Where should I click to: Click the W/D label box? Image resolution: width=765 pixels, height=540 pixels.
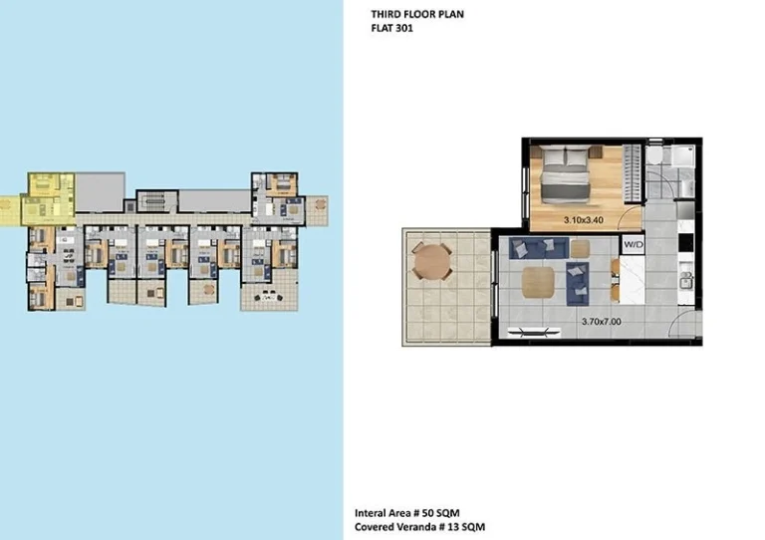click(x=634, y=244)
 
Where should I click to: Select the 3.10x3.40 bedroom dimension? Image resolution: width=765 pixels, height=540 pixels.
click(x=584, y=220)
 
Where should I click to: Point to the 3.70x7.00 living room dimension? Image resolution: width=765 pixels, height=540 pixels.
click(x=601, y=322)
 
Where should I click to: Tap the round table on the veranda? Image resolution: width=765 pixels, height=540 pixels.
click(x=431, y=262)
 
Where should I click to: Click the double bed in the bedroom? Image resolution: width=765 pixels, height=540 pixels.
click(x=566, y=174)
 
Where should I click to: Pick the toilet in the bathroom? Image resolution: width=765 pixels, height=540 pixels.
click(x=653, y=155)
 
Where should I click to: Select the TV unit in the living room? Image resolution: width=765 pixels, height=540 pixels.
click(x=534, y=333)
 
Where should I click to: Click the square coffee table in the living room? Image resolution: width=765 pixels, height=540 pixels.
click(x=538, y=282)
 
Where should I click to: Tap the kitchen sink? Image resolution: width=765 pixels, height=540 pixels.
click(x=686, y=279)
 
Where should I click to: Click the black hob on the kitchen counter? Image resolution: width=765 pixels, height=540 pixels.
click(x=685, y=242)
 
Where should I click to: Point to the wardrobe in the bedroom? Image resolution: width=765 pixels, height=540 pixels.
click(x=633, y=173)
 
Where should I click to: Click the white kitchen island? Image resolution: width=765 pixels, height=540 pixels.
click(x=632, y=280)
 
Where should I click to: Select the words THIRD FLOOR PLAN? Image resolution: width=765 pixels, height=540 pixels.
click(x=417, y=15)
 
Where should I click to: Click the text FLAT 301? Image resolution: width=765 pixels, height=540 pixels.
click(x=391, y=28)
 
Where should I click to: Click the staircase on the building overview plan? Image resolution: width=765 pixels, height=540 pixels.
click(x=156, y=199)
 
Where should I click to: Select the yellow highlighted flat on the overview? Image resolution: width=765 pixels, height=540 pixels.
click(x=48, y=199)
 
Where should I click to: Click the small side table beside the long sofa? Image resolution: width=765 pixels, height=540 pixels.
click(x=580, y=249)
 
